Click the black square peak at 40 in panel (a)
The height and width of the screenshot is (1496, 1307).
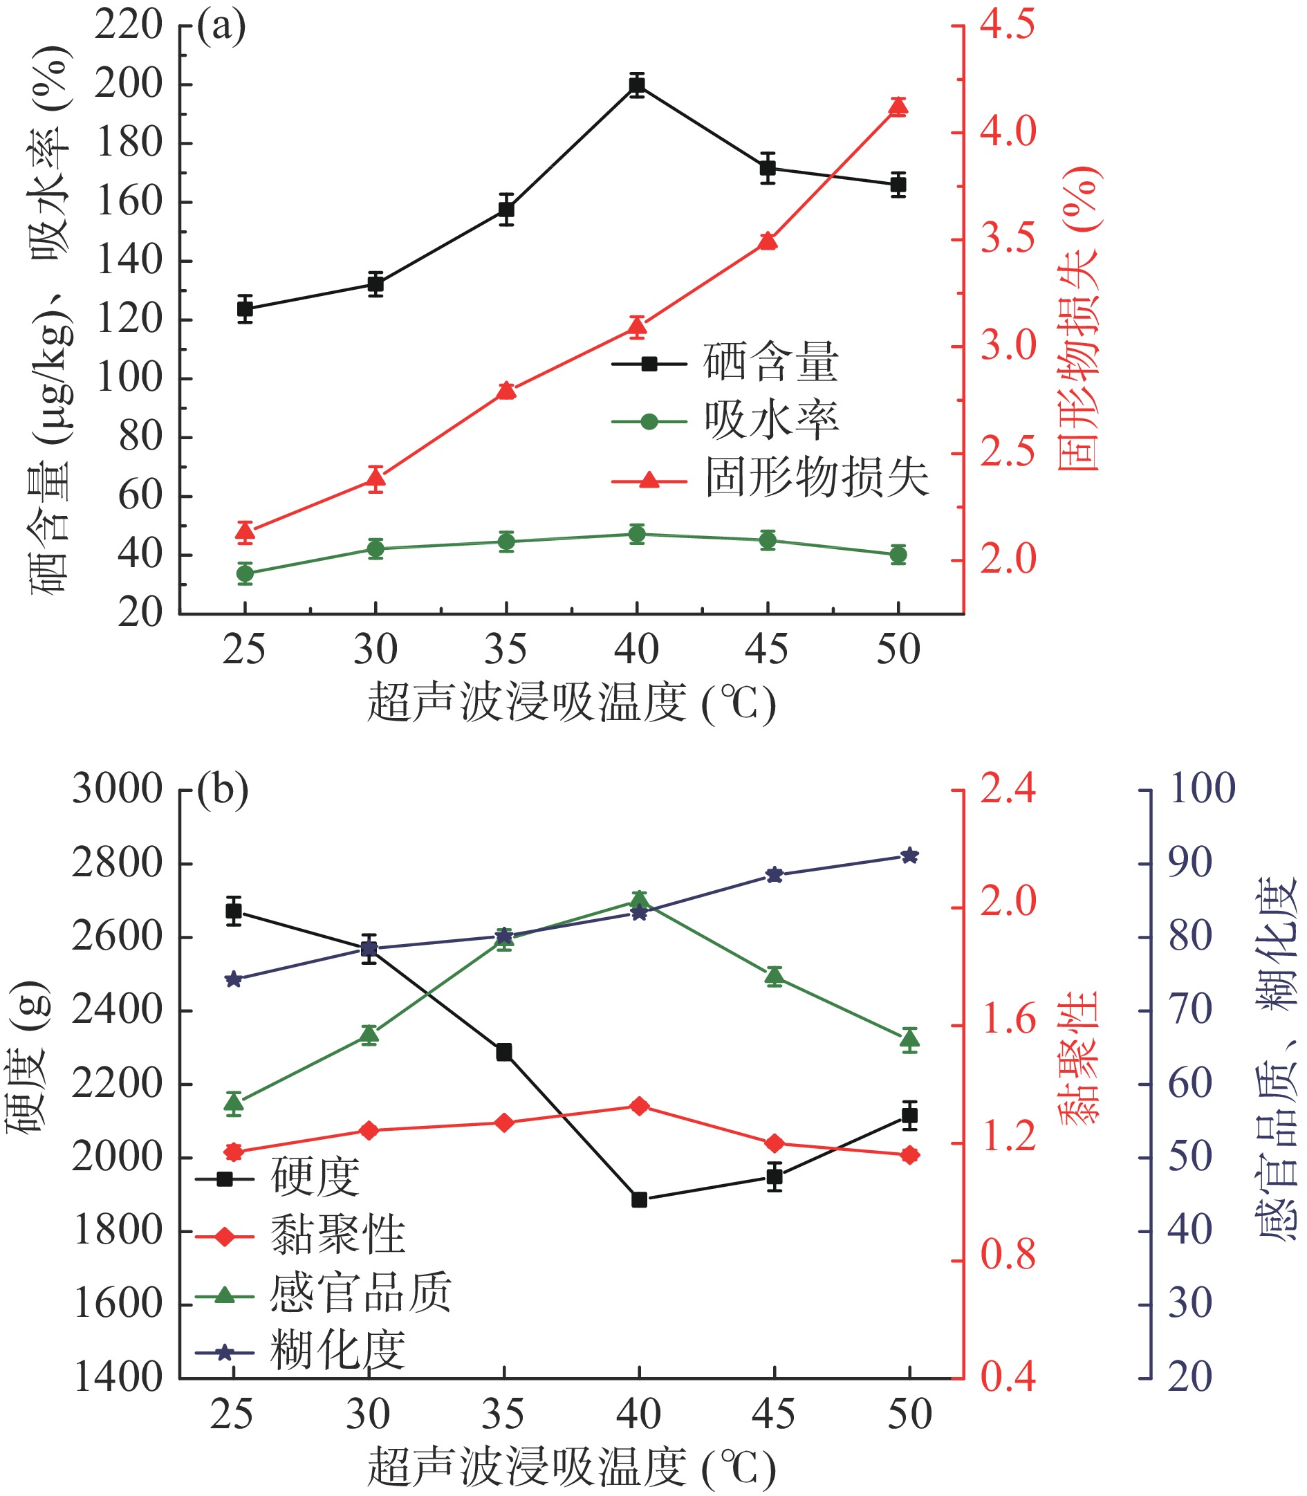tap(637, 84)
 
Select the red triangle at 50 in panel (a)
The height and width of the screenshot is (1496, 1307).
tap(898, 107)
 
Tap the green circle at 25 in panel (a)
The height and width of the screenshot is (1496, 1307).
tap(245, 573)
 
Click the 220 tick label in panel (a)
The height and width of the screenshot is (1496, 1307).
tap(129, 26)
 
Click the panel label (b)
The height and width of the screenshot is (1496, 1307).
tap(223, 790)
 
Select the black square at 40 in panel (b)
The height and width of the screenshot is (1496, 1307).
tap(639, 1199)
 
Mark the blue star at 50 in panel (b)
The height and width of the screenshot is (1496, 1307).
tap(909, 856)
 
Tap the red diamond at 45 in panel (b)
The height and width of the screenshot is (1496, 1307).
tap(774, 1143)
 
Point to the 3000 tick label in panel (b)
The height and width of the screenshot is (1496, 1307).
tap(117, 788)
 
